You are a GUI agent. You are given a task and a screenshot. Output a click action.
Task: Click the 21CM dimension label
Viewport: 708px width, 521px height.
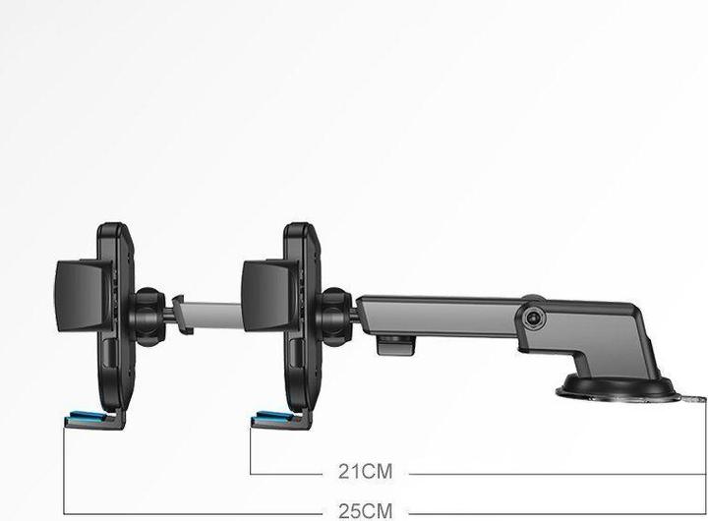(365, 472)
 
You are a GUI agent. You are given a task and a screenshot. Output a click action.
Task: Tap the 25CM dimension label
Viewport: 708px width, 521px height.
(365, 510)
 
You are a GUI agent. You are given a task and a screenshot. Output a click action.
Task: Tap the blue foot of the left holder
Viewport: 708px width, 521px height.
(86, 420)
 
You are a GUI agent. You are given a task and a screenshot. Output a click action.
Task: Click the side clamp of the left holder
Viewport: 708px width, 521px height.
(79, 292)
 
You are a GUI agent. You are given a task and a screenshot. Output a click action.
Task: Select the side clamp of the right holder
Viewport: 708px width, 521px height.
(265, 292)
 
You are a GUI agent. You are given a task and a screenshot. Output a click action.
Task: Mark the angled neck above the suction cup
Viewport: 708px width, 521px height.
(619, 344)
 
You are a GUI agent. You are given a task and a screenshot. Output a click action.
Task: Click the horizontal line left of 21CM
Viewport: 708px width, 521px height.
(285, 473)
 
